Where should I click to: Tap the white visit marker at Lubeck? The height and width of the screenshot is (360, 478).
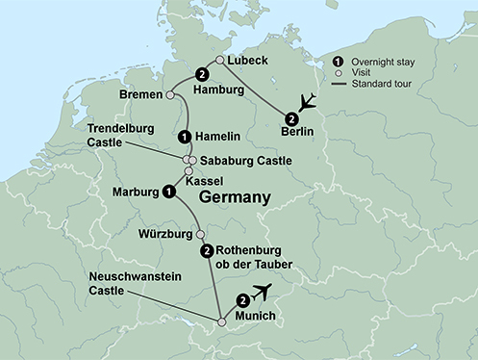click(220, 60)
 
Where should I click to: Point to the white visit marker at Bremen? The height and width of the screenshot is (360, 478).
click(170, 95)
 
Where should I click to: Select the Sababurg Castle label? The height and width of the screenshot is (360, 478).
click(239, 160)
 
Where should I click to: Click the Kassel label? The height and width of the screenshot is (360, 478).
click(215, 178)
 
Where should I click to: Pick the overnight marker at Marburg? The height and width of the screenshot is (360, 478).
click(169, 192)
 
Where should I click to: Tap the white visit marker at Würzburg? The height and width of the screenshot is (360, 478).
click(200, 234)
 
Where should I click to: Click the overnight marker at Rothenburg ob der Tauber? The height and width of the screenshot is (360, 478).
click(206, 251)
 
